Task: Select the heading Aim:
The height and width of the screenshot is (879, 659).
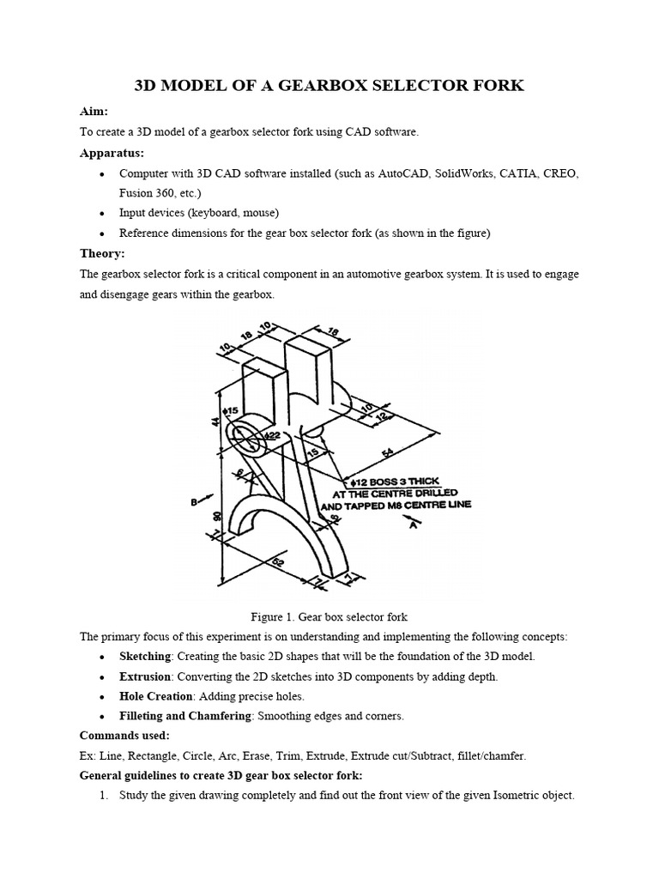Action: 94,112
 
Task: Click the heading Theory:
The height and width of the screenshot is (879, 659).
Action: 102,253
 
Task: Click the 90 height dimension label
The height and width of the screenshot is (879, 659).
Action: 218,515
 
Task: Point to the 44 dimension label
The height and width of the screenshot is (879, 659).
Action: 215,421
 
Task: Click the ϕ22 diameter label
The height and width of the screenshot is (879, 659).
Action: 273,436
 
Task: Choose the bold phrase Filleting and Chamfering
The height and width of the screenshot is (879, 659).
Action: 196,716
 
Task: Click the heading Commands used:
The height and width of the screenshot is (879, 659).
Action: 124,736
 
